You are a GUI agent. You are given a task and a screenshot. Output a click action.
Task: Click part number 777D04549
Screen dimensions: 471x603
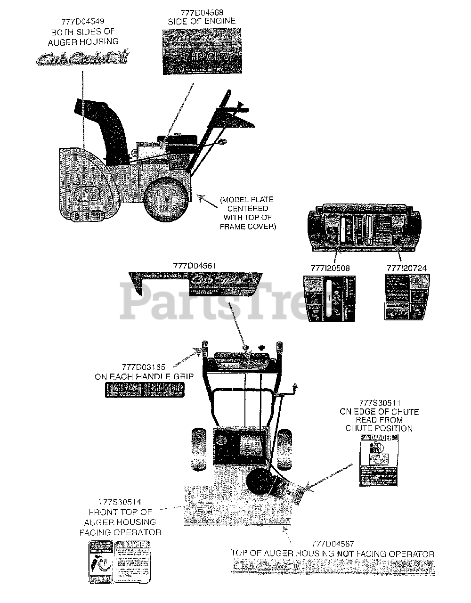[x=82, y=21]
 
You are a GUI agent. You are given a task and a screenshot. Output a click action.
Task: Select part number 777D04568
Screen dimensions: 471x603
[x=202, y=12]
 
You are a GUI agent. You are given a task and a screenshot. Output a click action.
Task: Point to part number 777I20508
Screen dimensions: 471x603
[x=330, y=268]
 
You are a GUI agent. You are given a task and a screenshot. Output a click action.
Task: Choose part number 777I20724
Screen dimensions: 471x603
[x=406, y=268]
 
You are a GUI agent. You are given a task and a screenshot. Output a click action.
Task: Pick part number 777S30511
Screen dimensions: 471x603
[x=379, y=403]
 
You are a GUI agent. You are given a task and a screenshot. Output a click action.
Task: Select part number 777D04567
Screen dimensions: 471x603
[x=333, y=544]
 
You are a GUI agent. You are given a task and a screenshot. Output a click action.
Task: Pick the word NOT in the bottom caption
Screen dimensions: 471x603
[x=346, y=554]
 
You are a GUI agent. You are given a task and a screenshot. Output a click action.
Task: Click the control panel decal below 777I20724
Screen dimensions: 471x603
[x=406, y=298]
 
